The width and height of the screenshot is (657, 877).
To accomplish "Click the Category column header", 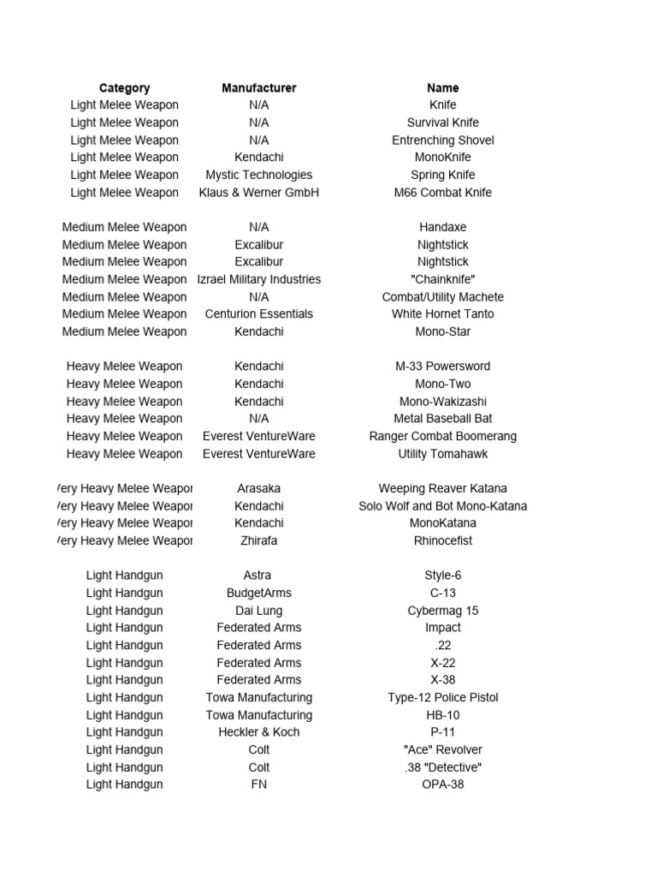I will click(x=124, y=87).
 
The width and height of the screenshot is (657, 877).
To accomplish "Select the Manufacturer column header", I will click(x=258, y=87).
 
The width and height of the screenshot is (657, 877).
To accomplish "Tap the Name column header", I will click(x=442, y=87).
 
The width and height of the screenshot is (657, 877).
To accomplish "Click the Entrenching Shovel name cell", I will click(x=442, y=140).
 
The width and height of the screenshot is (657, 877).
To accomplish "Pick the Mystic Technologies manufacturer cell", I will click(x=258, y=175).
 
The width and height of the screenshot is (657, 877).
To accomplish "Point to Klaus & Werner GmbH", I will click(x=258, y=193).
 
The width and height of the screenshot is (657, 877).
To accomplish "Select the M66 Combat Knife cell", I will click(x=442, y=193).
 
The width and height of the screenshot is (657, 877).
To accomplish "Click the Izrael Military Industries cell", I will click(x=258, y=279).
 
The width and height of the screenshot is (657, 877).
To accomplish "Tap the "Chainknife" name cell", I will click(x=442, y=279).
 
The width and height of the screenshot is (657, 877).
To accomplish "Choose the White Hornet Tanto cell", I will click(x=442, y=314).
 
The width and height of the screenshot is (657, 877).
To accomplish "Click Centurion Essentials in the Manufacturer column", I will click(x=258, y=314).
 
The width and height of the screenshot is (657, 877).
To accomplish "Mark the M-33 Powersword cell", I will click(x=442, y=367).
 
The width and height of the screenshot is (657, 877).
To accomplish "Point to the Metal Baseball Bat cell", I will click(x=442, y=419).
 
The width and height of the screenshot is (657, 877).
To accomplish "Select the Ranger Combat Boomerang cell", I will click(x=442, y=436).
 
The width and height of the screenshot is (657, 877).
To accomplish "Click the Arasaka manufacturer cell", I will click(x=258, y=488).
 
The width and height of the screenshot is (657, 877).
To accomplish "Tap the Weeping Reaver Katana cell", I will click(x=442, y=488).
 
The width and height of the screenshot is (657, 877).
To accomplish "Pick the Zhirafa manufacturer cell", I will click(x=258, y=540).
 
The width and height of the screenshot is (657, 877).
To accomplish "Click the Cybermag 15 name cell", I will click(x=442, y=611).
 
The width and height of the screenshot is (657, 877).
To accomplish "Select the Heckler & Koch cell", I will click(x=258, y=732).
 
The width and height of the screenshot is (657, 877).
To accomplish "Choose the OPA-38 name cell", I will click(x=442, y=785).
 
